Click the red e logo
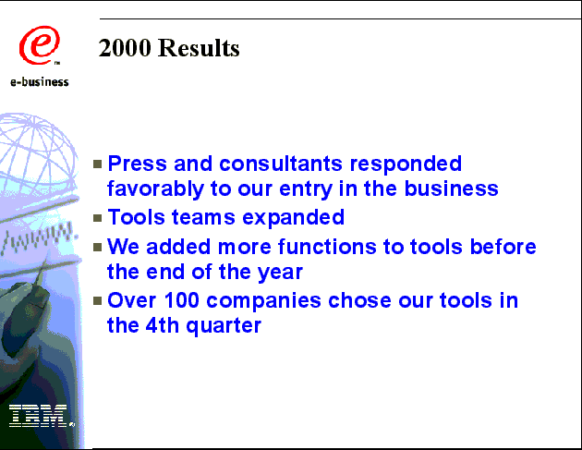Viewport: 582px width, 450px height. coord(40,45)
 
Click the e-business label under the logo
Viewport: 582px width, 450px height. coord(40,82)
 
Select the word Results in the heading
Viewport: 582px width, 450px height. coord(199,48)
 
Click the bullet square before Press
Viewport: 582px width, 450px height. coord(98,164)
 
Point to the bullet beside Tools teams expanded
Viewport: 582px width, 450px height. coord(98,218)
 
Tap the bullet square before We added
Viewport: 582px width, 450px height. coord(98,248)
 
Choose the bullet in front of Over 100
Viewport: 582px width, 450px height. coord(98,300)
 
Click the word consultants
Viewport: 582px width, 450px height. coord(281,164)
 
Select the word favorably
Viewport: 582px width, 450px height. coord(155,189)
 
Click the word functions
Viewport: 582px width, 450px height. coord(327,247)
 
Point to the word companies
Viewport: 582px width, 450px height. coord(263,301)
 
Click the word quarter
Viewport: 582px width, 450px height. coord(224,326)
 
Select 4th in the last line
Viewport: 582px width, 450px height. coord(163,325)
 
